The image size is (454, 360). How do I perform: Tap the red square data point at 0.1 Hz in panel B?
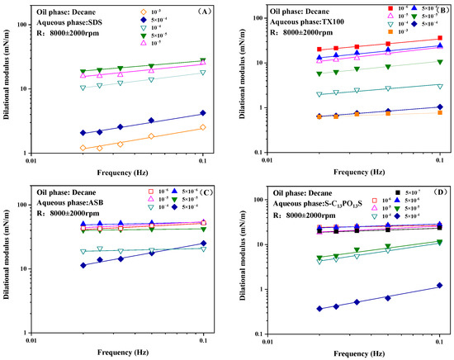click(x=440, y=38)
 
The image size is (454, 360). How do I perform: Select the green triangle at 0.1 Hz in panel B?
click(x=440, y=62)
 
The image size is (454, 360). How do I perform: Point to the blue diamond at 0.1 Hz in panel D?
click(x=440, y=286)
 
